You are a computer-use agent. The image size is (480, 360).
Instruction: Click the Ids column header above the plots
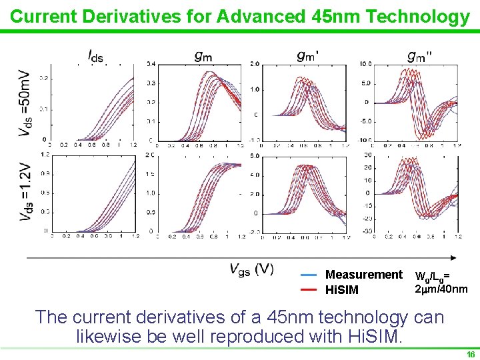(95, 57)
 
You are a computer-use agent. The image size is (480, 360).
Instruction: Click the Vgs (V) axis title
(251, 269)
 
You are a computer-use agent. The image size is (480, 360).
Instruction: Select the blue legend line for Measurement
(308, 275)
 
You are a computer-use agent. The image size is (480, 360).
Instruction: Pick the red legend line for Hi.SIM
(308, 290)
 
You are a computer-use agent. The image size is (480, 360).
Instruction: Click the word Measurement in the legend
(363, 275)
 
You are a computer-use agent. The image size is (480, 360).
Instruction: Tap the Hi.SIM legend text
(341, 290)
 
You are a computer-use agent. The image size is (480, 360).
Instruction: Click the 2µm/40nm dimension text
(441, 289)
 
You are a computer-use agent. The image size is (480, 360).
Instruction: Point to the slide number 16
(471, 355)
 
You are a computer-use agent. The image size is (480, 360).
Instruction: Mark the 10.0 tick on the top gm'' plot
(366, 64)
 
